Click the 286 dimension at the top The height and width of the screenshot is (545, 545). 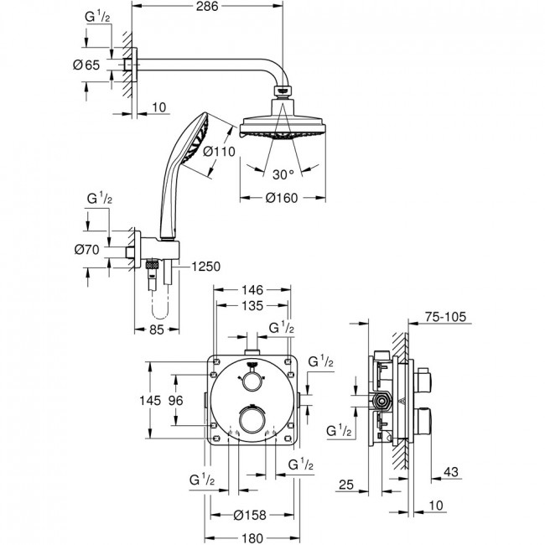[207, 6]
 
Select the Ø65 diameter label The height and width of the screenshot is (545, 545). [86, 65]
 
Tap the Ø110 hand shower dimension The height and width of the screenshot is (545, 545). [220, 152]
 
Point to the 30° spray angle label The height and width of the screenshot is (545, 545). [283, 174]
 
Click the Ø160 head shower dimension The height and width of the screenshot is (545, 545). [282, 198]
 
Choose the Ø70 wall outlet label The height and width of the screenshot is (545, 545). [87, 250]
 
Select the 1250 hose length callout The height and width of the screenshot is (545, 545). [206, 267]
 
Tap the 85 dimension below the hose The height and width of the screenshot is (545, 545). [157, 330]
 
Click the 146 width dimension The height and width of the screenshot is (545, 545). [252, 289]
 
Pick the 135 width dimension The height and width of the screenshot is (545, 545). [252, 306]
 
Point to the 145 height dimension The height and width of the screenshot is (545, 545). [150, 401]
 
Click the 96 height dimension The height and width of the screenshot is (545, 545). [175, 401]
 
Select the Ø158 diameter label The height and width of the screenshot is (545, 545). [250, 515]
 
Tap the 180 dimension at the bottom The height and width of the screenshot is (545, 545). [252, 538]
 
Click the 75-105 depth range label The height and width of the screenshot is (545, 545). [445, 317]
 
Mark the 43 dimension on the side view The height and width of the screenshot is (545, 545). [451, 472]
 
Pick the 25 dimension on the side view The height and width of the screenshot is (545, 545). [346, 485]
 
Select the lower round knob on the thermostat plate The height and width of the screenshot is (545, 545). [252, 419]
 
